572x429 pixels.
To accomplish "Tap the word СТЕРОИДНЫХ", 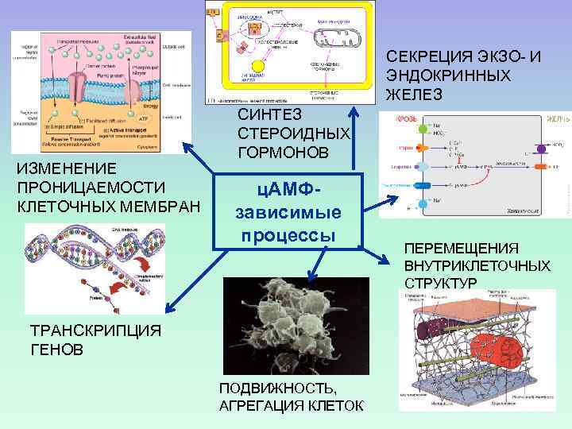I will (x=293, y=133).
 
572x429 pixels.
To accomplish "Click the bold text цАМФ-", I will (x=286, y=191).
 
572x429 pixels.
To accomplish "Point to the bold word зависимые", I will (x=288, y=214).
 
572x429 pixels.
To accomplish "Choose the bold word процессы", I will (x=287, y=236).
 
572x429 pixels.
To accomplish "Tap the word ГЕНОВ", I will (x=49, y=350).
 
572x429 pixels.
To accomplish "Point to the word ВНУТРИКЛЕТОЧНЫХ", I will (x=477, y=265).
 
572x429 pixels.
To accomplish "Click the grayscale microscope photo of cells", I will (x=296, y=325).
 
